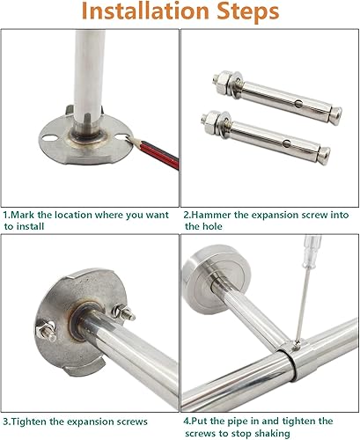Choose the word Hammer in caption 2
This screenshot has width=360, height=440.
214,214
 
